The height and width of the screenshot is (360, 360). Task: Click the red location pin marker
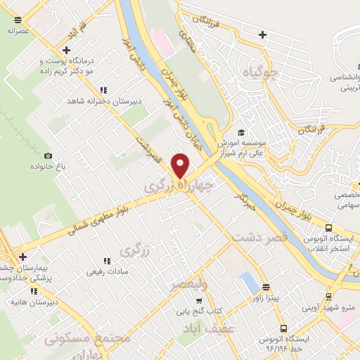tap(181, 165)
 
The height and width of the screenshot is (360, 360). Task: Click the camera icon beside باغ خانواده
tap(48, 155)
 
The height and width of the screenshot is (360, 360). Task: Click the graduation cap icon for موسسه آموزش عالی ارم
tap(240, 132)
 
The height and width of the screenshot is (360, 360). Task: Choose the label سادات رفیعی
tap(106, 271)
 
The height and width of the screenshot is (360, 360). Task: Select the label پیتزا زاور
tap(266, 298)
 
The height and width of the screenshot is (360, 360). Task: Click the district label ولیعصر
tap(188, 284)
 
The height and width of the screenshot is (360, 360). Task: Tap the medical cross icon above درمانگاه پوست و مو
tap(67, 50)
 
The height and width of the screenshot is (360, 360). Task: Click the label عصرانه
tap(18, 31)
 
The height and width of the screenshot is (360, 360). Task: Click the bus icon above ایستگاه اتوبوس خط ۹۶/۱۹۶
tap(283, 328)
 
